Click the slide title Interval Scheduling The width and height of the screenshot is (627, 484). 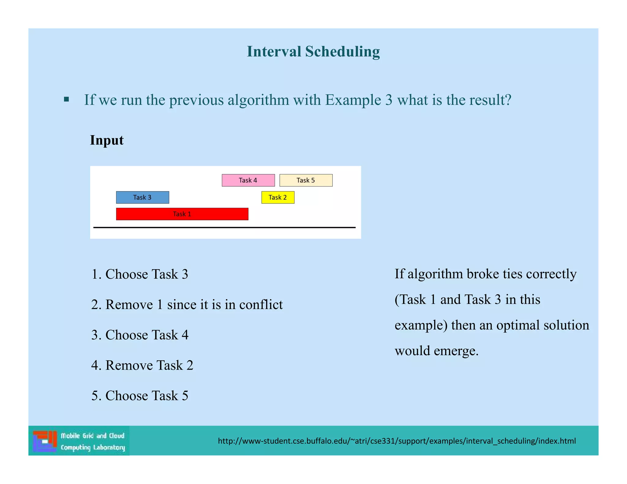pyautogui.click(x=313, y=51)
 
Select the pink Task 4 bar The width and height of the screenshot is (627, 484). pyautogui.click(x=248, y=180)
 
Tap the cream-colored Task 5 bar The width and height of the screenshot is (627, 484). pyautogui.click(x=306, y=180)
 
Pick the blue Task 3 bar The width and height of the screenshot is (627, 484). pyautogui.click(x=142, y=197)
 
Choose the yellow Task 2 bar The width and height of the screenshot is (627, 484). pyautogui.click(x=278, y=197)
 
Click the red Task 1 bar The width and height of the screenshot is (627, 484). pyautogui.click(x=182, y=214)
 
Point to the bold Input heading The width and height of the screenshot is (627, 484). pyautogui.click(x=107, y=140)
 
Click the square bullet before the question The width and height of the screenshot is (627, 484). pyautogui.click(x=66, y=99)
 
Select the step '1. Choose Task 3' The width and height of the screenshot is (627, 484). pyautogui.click(x=140, y=274)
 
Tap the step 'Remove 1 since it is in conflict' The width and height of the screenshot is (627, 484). pyautogui.click(x=194, y=305)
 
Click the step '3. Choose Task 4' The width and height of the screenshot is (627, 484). pyautogui.click(x=140, y=335)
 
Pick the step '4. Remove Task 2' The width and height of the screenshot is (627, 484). pyautogui.click(x=142, y=365)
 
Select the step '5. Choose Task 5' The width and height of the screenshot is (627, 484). pyautogui.click(x=140, y=396)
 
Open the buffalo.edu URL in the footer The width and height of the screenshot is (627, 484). pyautogui.click(x=397, y=441)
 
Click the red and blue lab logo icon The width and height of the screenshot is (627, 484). pyautogui.click(x=45, y=441)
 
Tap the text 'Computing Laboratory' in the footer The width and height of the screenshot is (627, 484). pyautogui.click(x=93, y=447)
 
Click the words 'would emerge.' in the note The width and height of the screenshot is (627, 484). pyautogui.click(x=436, y=351)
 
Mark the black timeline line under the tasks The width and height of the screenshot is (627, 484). pyautogui.click(x=224, y=227)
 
